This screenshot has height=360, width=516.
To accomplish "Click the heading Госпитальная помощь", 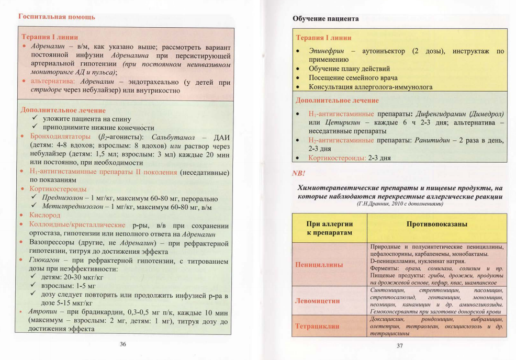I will [57, 17].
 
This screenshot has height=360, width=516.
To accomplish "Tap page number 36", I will [123, 344].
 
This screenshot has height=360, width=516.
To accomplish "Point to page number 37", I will [400, 345].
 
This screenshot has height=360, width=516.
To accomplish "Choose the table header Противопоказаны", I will [436, 224].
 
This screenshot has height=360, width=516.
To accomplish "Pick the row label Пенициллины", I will [320, 264].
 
